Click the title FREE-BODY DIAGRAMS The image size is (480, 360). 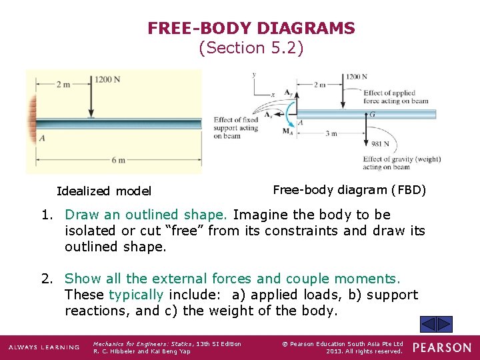(x=251, y=29)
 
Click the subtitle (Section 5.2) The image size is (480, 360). (x=251, y=48)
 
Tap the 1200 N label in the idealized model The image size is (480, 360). (x=107, y=79)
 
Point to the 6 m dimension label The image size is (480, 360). (x=118, y=160)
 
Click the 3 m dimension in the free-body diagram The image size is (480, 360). (x=331, y=133)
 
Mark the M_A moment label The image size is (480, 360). (x=288, y=130)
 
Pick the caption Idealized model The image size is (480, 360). (x=104, y=191)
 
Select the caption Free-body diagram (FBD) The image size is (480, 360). (x=349, y=189)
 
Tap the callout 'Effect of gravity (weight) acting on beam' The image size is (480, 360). (x=401, y=163)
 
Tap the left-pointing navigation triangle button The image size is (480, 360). (x=429, y=325)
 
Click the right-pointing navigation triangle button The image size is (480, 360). (x=444, y=325)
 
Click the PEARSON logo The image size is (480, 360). (x=441, y=347)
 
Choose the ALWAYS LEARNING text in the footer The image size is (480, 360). (x=43, y=347)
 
